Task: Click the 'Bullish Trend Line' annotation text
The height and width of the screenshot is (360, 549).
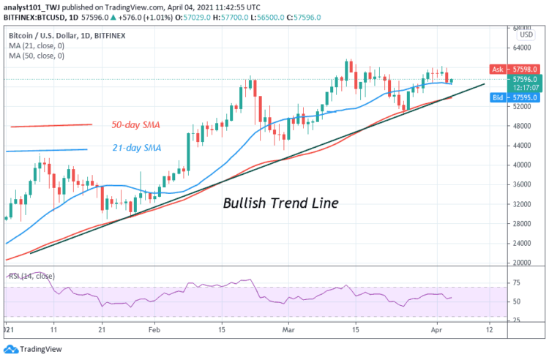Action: click(280, 203)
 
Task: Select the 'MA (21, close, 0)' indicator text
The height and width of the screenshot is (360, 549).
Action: click(37, 45)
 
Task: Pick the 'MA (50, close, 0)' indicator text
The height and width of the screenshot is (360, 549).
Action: click(37, 55)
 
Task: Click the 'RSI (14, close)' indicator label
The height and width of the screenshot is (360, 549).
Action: click(31, 278)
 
